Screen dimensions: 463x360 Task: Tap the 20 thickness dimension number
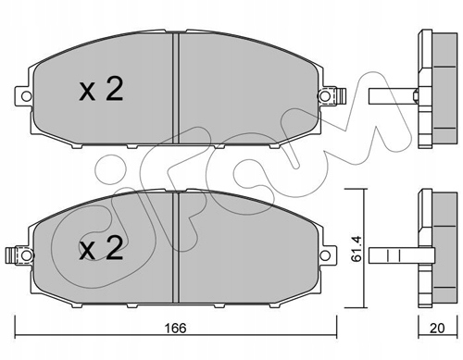coord(437,328)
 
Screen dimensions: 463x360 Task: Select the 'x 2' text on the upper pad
coord(101,89)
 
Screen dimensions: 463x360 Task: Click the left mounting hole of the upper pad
coord(26,96)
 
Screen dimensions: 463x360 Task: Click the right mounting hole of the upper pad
coord(324,96)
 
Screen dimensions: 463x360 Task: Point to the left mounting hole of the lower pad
coord(26,255)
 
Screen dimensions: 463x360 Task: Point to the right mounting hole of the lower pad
coord(324,255)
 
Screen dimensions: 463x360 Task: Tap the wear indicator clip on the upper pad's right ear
coord(341,96)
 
